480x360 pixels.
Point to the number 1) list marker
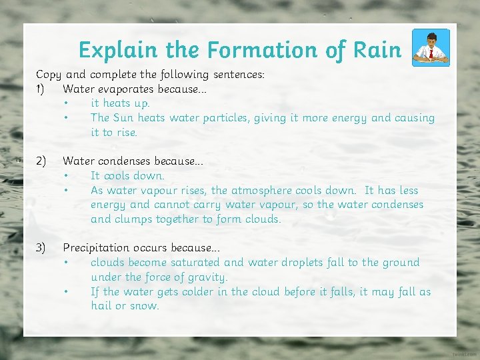pos(41,89)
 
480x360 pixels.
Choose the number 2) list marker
pos(41,161)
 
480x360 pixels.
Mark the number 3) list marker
pos(41,248)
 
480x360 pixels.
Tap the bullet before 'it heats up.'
pos(66,103)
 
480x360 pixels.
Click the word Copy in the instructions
pos(48,74)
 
